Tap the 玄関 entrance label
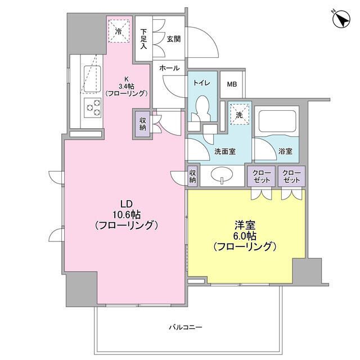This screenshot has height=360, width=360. coord(173,39)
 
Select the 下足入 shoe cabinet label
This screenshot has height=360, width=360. coord(144,39)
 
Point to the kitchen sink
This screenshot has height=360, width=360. coord(92,75)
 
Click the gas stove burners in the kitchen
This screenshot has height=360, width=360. coord(92,106)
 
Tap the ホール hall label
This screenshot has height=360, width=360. coord(169,68)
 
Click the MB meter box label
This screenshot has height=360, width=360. coord(232,84)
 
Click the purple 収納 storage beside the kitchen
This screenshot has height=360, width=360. coord(142,124)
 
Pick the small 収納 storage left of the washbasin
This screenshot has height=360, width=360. coord(193,176)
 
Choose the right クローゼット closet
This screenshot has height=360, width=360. coord(291,176)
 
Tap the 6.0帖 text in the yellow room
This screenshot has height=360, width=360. coord(245,236)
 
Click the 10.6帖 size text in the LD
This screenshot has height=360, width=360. coord(125,214)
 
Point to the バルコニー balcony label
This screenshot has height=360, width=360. coord(185,327)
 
